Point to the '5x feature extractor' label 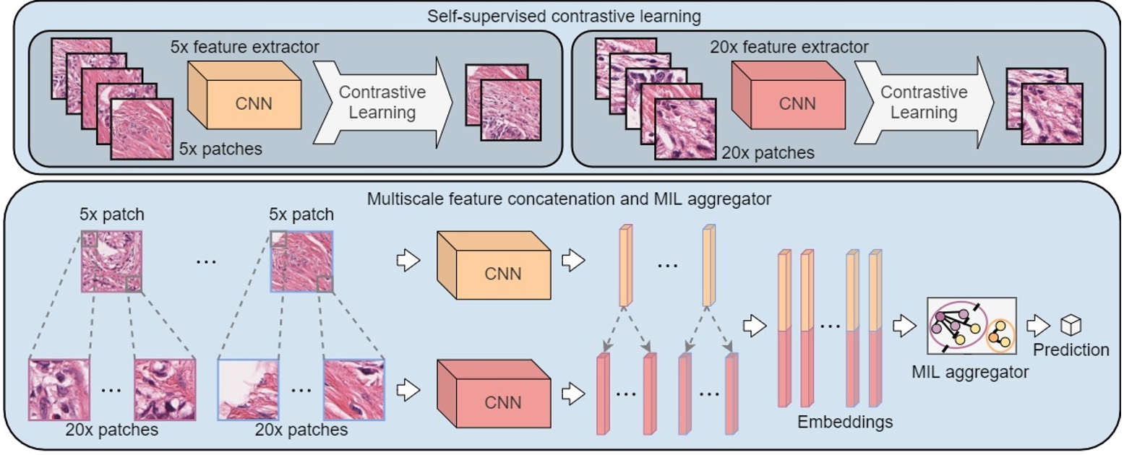pos(244,48)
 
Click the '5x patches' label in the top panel pos(220,149)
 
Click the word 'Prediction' pos(1071,350)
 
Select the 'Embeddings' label pos(845,422)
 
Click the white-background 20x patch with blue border pos(248,389)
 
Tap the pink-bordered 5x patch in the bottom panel pos(111,261)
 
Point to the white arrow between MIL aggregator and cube pos(1038,326)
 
